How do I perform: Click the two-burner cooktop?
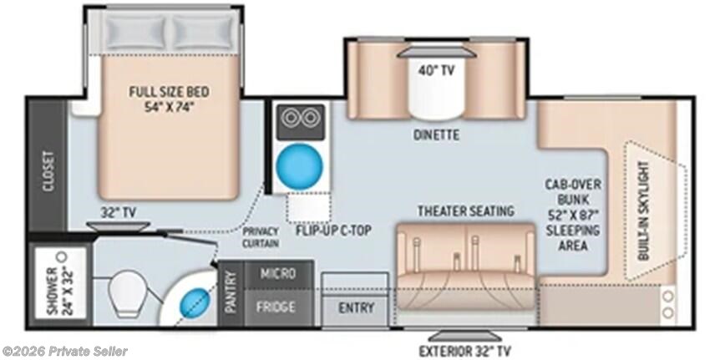click(301, 122)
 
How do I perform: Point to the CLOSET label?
click(48, 171)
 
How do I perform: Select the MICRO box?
click(278, 274)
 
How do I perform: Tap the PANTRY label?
click(231, 292)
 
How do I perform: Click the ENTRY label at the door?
click(356, 307)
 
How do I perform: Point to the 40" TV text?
click(436, 71)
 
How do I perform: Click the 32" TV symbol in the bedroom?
click(118, 226)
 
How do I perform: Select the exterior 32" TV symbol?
click(464, 335)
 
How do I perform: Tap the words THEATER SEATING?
click(465, 211)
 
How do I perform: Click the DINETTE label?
click(436, 135)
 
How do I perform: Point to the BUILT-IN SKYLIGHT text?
click(644, 210)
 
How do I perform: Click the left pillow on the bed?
click(134, 32)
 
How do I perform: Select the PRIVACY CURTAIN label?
click(261, 237)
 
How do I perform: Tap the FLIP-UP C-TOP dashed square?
click(308, 208)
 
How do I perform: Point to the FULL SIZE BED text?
click(169, 99)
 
